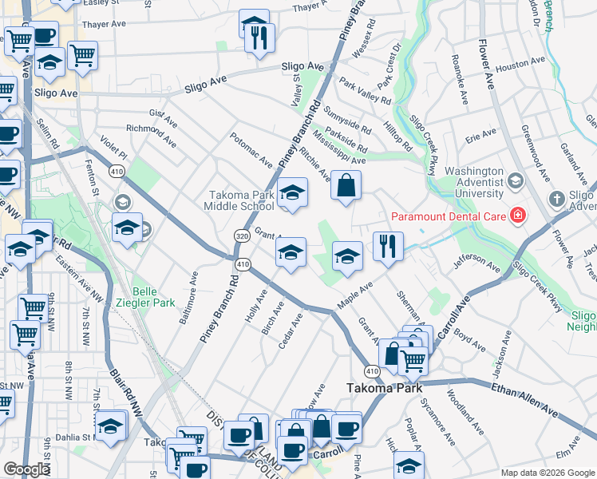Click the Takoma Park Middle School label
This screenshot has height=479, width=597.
pyautogui.click(x=241, y=200)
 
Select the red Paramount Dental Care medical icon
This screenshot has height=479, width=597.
pyautogui.click(x=517, y=216)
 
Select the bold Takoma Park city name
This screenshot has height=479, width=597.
pyautogui.click(x=378, y=388)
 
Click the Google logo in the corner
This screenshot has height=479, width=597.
pyautogui.click(x=26, y=469)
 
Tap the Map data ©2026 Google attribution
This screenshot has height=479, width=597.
pyautogui.click(x=547, y=473)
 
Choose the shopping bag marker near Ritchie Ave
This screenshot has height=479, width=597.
pyautogui.click(x=345, y=186)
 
